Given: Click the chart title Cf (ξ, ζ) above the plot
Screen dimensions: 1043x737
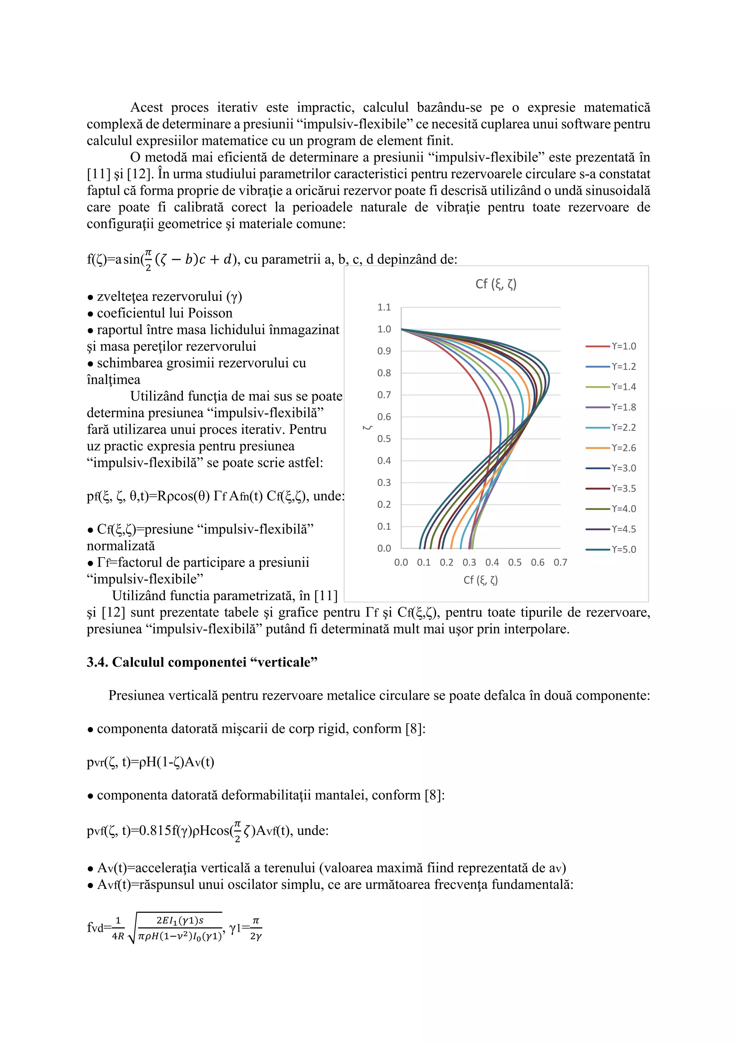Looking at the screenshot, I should point(496,284).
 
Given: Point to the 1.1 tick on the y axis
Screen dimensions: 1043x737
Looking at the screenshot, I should point(384,307).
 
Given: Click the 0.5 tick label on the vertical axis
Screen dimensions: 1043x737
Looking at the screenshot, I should point(384,439).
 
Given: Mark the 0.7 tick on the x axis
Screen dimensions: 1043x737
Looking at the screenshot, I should point(560,563).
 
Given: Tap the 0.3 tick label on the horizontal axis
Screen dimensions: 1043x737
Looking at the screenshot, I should point(469,563).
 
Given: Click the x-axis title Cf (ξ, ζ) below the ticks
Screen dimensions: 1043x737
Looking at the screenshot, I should point(480,580).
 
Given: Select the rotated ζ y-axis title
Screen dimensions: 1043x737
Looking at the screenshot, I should point(368,428).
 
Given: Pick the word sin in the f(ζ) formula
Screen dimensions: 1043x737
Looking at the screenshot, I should point(131,259).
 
